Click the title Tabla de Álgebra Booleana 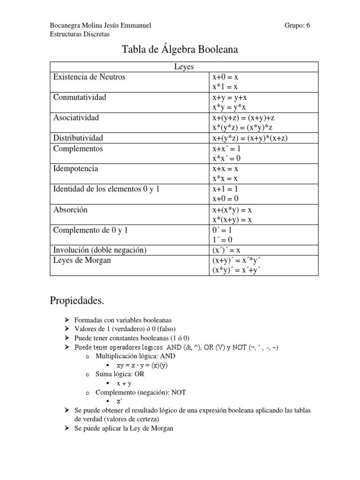point(180,49)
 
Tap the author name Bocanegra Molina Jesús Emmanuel point(100,25)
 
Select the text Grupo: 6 point(297,25)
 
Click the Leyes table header point(184,67)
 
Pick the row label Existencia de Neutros point(89,77)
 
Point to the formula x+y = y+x point(230,97)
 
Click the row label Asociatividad point(76,118)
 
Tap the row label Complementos point(78,149)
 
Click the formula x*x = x point(225,179)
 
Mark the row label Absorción point(70,210)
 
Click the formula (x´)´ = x point(226,250)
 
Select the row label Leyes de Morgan point(82,260)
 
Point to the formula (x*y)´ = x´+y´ point(236,270)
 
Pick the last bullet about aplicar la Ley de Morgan point(124,428)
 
